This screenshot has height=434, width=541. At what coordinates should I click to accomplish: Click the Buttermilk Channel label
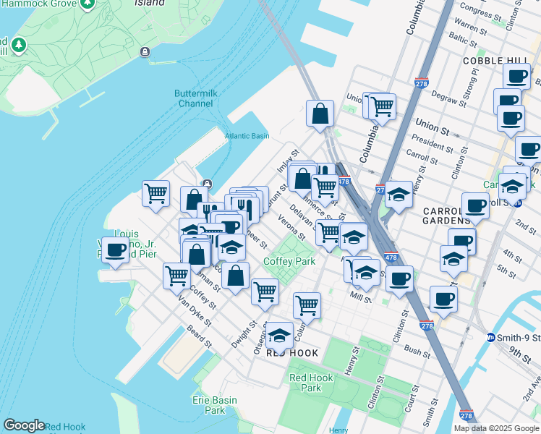(x=194, y=98)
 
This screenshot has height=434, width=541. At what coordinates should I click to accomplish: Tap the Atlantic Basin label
(x=247, y=136)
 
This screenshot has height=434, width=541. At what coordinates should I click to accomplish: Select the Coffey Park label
(x=289, y=261)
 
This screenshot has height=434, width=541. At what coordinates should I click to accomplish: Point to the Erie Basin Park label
(x=210, y=404)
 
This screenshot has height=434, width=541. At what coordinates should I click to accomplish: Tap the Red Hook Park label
(x=311, y=383)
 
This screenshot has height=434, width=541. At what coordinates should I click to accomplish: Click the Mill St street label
(x=359, y=296)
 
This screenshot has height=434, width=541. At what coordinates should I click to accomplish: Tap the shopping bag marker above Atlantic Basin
(x=320, y=113)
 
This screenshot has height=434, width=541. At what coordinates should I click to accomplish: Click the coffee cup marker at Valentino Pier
(x=115, y=250)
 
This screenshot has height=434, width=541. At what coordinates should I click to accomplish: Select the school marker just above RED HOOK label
(x=280, y=335)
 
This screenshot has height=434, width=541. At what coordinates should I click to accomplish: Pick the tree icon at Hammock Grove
(x=18, y=46)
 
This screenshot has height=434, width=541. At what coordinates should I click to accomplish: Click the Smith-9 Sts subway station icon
(x=490, y=337)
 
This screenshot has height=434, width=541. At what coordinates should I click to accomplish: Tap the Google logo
(x=24, y=425)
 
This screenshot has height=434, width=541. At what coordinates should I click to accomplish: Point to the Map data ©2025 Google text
(x=497, y=428)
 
